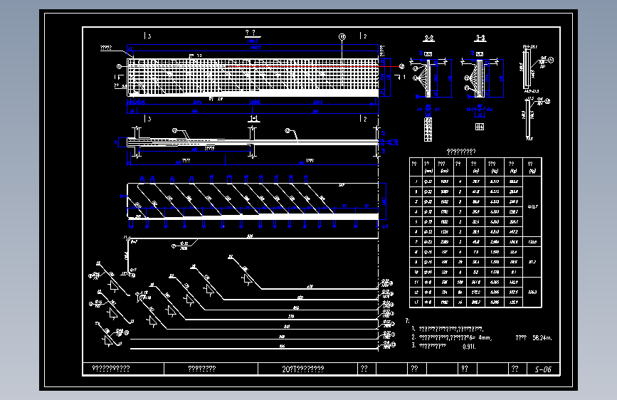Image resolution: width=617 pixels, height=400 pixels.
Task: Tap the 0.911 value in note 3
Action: click(x=468, y=346)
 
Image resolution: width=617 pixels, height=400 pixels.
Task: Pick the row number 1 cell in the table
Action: click(x=415, y=183)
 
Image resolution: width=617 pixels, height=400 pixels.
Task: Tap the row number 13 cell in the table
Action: click(x=415, y=302)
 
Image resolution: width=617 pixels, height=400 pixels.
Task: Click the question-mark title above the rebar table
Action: click(x=460, y=151)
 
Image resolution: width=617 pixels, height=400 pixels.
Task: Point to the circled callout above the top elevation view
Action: click(x=342, y=36)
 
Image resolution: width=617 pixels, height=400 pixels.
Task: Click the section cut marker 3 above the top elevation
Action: click(x=147, y=36)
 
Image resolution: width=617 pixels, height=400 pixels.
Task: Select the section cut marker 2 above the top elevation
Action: click(x=363, y=36)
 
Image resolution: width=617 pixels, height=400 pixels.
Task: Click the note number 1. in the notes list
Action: click(x=413, y=329)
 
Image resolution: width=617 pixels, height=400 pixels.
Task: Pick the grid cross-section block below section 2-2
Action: click(x=428, y=129)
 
